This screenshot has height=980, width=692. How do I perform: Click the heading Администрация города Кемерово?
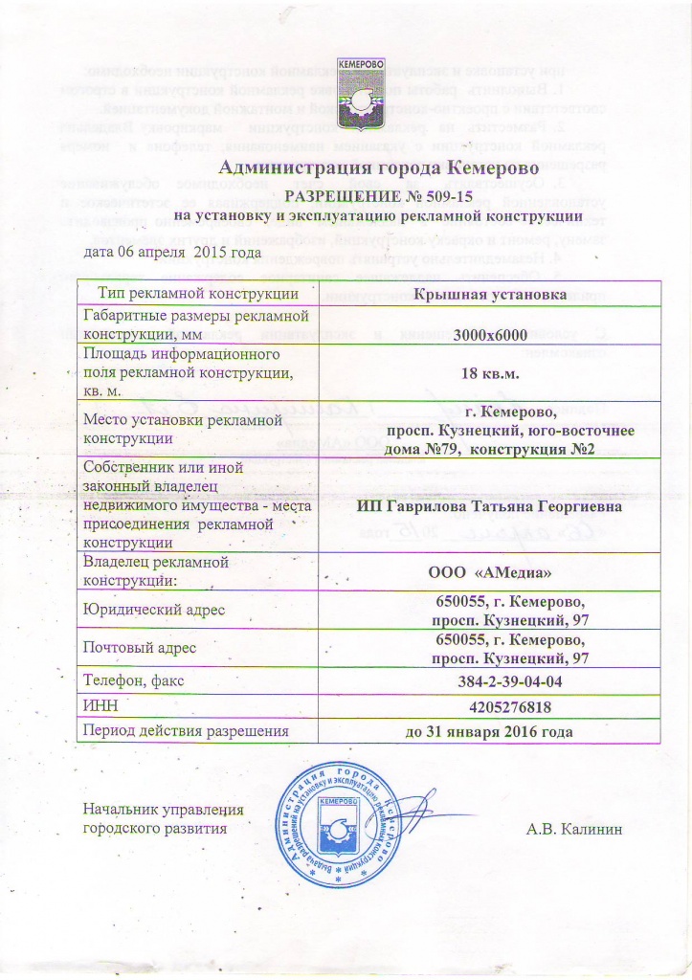347,169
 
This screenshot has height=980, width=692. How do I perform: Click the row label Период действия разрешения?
187,732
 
